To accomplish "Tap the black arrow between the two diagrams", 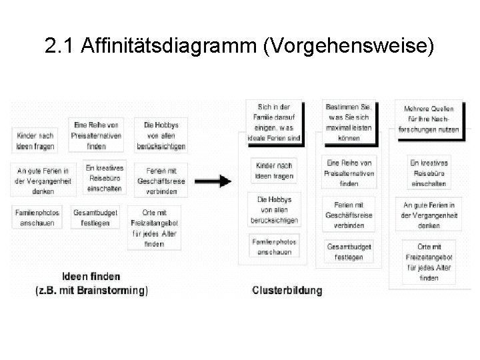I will (215, 181).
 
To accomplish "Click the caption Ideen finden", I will (91, 277).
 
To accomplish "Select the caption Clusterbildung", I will (287, 291).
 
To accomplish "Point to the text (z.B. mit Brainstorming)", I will (91, 290).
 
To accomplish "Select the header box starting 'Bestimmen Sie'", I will (349, 121).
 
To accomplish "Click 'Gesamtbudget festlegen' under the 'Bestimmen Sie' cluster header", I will (349, 252).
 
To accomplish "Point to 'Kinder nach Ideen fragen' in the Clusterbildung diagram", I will (273, 170).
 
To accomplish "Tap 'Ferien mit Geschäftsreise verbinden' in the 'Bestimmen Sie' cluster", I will (349, 215).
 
